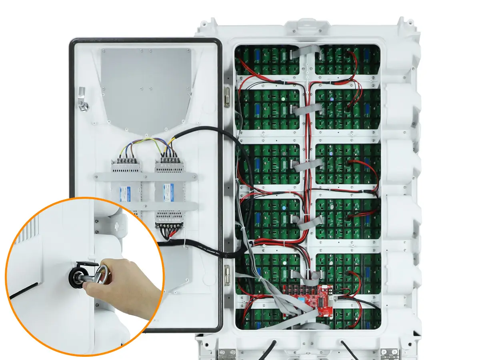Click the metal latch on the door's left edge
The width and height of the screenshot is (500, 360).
pyautogui.click(x=83, y=99)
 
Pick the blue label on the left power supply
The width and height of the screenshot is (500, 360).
pyautogui.click(x=126, y=194)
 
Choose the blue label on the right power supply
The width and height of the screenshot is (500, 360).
pyautogui.click(x=168, y=193)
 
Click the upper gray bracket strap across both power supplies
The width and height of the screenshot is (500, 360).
pyautogui.click(x=146, y=176)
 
